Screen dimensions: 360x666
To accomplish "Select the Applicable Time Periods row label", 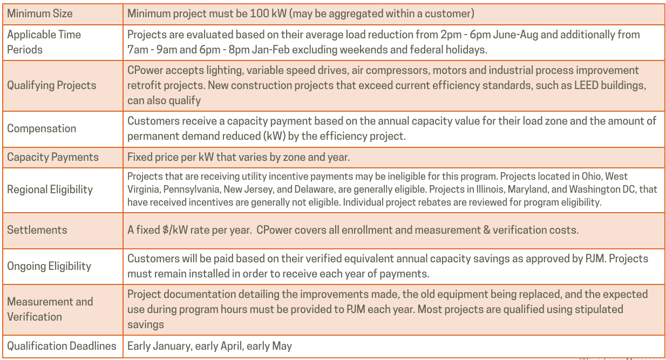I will pyautogui.click(x=44, y=42).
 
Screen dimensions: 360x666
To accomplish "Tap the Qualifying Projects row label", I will pyautogui.click(x=51, y=85).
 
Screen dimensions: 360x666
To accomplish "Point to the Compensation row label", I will pyautogui.click(x=42, y=128).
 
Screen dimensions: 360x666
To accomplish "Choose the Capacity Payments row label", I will pyautogui.click(x=53, y=157).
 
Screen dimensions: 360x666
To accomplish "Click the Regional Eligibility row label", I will pyautogui.click(x=50, y=189).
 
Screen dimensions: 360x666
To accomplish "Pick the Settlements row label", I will pyautogui.click(x=37, y=229).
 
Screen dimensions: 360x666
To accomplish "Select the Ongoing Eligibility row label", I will pyautogui.click(x=49, y=266).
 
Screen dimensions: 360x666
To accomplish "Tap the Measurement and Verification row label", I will pyautogui.click(x=50, y=309).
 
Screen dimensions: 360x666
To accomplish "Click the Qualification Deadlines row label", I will pyautogui.click(x=62, y=346).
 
